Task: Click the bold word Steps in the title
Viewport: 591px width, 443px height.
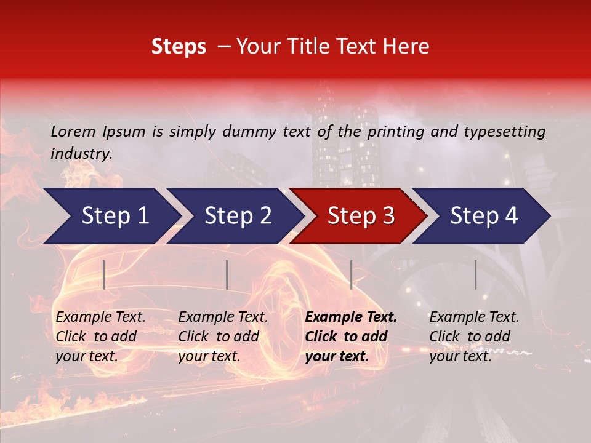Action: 179,46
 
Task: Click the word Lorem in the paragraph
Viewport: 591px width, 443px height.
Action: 73,131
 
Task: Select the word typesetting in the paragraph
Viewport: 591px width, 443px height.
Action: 509,131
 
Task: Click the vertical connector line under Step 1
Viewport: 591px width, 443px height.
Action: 103,274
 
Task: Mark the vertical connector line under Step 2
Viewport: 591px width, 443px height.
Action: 227,274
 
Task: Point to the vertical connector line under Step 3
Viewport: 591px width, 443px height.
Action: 351,274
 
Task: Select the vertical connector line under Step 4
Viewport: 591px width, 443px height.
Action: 475,274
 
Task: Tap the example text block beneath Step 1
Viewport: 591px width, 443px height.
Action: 100,337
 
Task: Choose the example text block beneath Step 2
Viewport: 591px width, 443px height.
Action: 223,337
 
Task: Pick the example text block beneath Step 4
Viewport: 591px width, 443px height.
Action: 474,337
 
